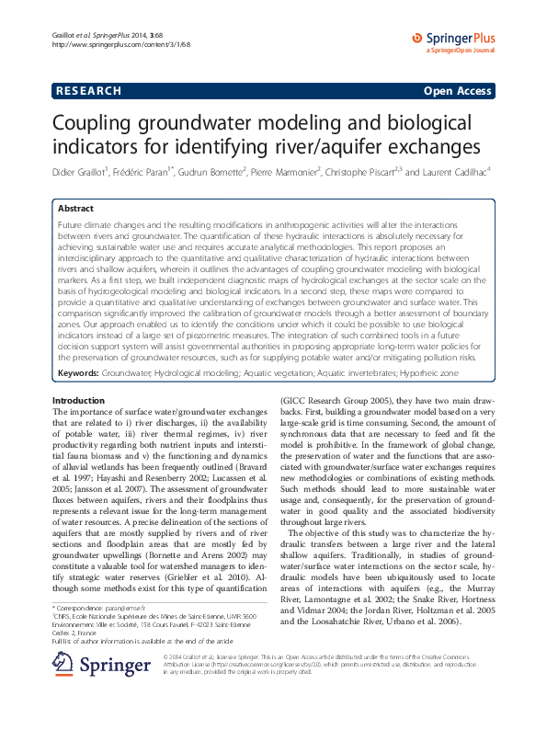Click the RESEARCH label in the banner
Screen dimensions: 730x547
click(x=88, y=91)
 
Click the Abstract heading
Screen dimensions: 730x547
click(x=76, y=209)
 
